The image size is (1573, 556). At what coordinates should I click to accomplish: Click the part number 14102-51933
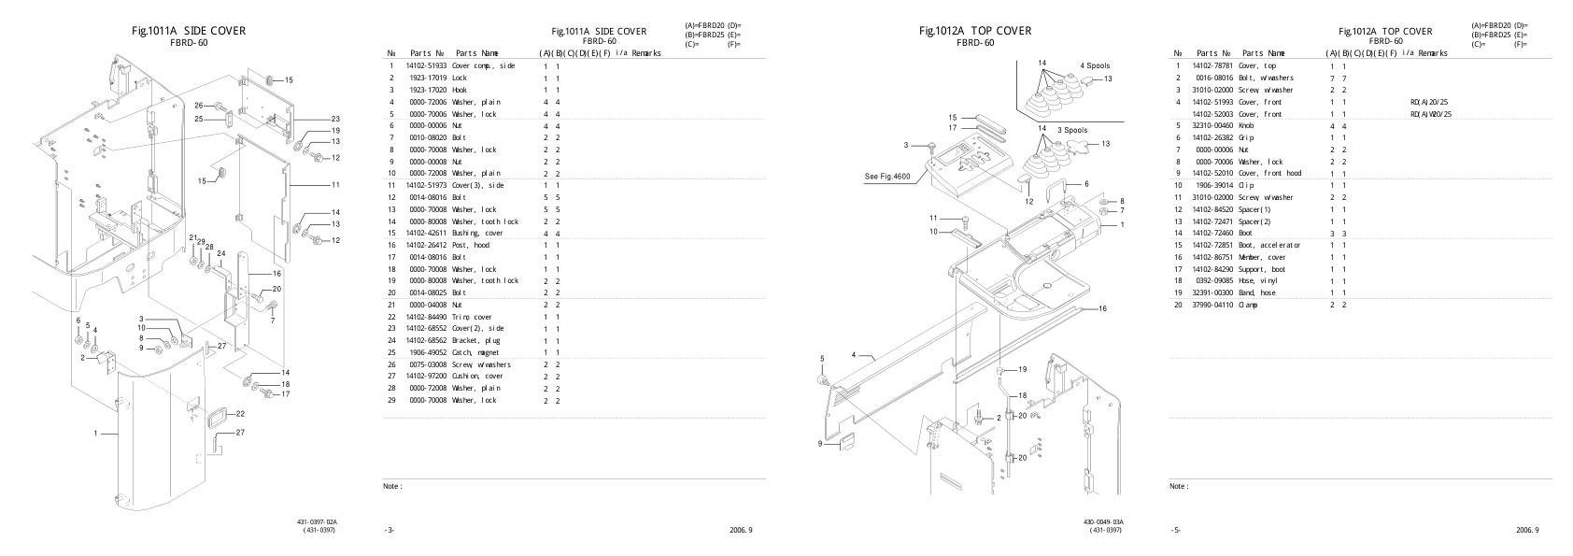[x=426, y=66]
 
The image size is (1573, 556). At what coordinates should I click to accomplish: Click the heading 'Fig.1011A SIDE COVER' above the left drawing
[x=190, y=31]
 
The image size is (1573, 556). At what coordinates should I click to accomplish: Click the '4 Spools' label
[x=1095, y=66]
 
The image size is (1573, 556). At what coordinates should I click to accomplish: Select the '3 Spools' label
[x=1072, y=129]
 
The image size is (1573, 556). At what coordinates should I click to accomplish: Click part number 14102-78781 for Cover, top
[x=1213, y=66]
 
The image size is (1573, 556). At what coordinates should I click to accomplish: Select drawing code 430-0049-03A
[x=1104, y=522]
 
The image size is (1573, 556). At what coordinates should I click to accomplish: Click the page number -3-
[x=389, y=531]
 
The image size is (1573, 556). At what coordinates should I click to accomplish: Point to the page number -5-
[x=1175, y=531]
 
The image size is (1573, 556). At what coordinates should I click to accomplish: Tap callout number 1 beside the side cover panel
[x=95, y=434]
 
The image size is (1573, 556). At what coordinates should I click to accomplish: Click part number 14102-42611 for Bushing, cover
[x=426, y=233]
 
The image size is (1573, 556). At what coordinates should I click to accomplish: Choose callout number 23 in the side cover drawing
[x=335, y=120]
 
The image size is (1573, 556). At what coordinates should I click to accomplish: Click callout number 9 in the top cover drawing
[x=820, y=443]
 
